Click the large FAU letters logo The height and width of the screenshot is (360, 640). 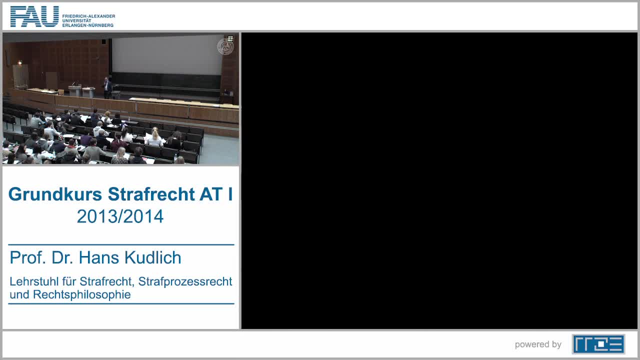click(34, 16)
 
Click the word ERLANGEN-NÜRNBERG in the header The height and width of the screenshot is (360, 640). click(88, 25)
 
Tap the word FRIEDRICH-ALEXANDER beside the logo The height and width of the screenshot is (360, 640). click(88, 16)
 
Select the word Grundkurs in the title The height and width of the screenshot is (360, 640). click(55, 194)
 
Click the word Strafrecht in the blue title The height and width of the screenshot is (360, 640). click(151, 194)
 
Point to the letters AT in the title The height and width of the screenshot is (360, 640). click(211, 194)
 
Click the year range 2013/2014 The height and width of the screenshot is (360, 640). click(120, 216)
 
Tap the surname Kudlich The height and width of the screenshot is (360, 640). click(153, 257)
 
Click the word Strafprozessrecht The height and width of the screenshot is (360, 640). click(185, 281)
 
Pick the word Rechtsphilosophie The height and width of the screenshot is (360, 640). click(81, 294)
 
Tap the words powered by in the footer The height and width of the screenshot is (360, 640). click(538, 344)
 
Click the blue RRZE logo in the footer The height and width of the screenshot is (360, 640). click(598, 344)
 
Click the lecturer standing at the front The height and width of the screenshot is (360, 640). click(107, 87)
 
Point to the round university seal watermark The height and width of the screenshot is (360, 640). click(225, 46)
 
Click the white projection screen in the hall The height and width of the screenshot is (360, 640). click(167, 54)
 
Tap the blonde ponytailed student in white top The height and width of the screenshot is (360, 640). click(154, 137)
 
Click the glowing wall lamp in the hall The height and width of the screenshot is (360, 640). click(19, 62)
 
